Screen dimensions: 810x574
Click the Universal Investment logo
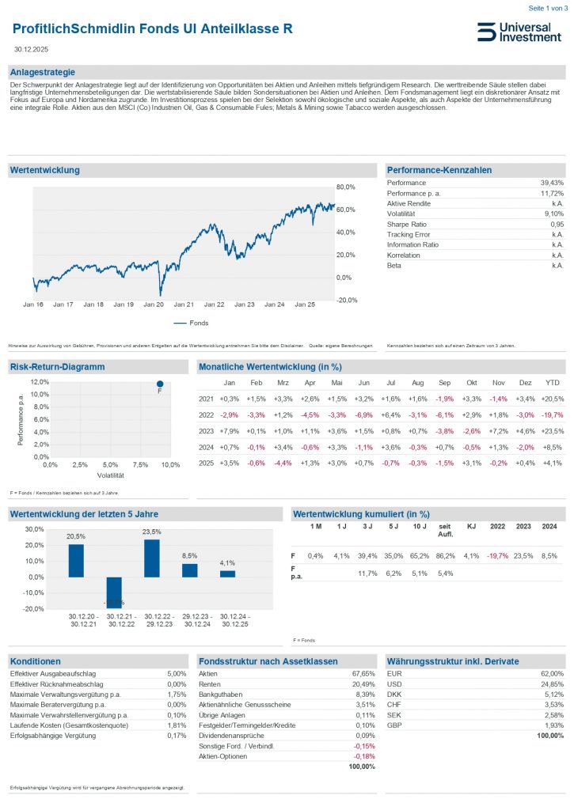click(x=519, y=32)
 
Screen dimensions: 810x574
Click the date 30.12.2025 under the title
click(x=30, y=49)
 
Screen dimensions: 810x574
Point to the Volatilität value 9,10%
click(x=553, y=214)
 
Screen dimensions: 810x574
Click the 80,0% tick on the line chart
click(x=347, y=187)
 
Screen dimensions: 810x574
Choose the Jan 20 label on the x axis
click(x=154, y=305)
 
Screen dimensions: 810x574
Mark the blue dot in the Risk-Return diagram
click(x=159, y=384)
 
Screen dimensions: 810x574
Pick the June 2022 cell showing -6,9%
click(x=363, y=415)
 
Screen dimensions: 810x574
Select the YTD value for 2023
click(x=553, y=431)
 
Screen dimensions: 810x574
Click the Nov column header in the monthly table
click(x=498, y=383)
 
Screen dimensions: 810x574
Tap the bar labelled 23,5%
click(x=151, y=558)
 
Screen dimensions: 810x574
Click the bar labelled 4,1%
click(x=227, y=573)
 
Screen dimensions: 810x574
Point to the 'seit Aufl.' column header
click(x=445, y=530)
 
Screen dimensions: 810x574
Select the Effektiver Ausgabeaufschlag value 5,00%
click(x=175, y=674)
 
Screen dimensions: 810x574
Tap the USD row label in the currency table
click(x=394, y=684)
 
